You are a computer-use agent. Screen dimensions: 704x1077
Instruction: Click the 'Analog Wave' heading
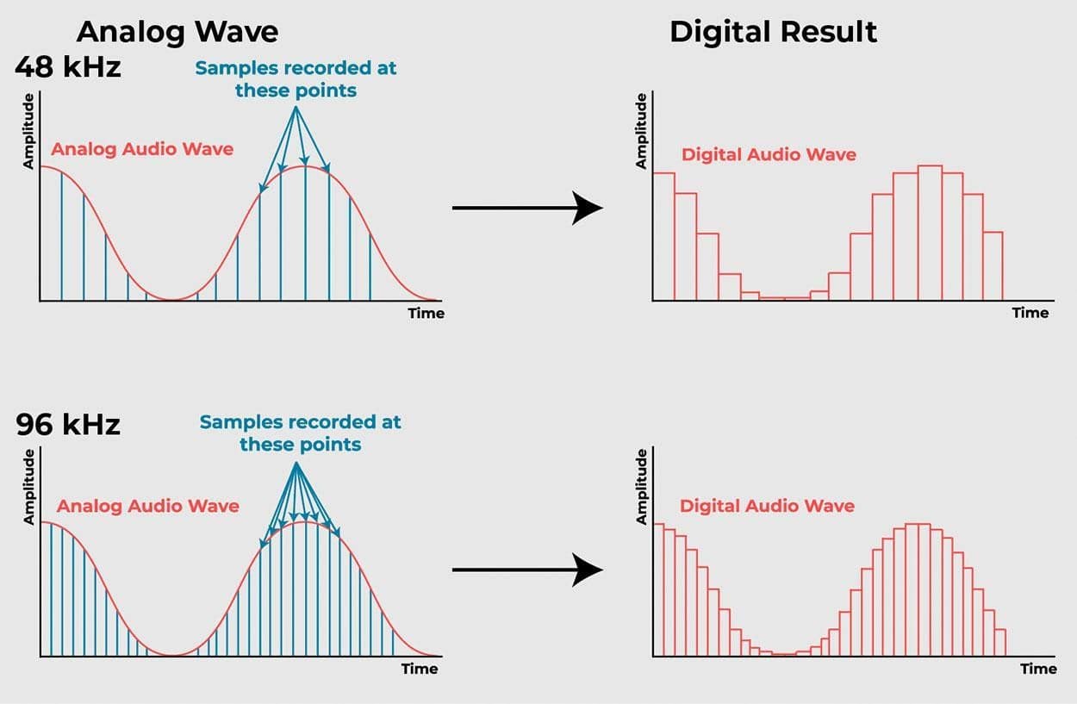click(x=177, y=32)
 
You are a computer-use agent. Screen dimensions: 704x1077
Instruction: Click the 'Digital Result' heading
click(x=773, y=32)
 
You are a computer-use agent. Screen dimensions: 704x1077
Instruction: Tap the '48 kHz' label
click(x=68, y=66)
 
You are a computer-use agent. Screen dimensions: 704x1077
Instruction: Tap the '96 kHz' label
click(x=68, y=424)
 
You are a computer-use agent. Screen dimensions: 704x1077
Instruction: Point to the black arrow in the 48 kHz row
click(x=526, y=208)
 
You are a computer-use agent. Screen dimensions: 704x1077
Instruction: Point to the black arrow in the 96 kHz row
click(x=526, y=570)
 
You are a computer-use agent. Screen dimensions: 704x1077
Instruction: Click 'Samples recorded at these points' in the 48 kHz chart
click(x=296, y=78)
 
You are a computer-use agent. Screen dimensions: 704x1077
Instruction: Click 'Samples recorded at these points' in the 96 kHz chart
click(x=300, y=433)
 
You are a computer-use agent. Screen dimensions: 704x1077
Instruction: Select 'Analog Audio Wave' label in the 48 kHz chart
click(x=142, y=149)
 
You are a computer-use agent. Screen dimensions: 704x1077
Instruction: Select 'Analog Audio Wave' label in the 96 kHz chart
click(x=147, y=506)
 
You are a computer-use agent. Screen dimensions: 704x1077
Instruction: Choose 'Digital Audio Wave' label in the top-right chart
click(x=769, y=155)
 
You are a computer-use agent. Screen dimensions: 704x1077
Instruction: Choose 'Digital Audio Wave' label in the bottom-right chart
click(x=767, y=506)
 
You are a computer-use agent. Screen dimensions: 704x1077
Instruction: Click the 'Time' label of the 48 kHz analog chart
click(x=426, y=313)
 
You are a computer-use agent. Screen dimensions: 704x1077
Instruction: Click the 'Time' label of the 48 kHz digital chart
click(x=1030, y=312)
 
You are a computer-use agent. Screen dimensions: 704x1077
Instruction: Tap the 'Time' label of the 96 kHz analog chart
click(x=420, y=669)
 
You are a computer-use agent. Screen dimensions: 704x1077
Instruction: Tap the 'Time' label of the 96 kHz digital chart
click(x=1038, y=669)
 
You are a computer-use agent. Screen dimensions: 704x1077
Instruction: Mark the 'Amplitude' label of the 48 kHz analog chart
click(x=28, y=130)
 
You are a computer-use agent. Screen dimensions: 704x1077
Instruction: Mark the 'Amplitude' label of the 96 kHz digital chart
click(x=640, y=487)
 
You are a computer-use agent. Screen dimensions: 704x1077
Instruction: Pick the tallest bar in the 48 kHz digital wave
click(x=930, y=233)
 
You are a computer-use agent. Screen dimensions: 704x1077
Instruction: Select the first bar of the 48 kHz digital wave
click(x=663, y=236)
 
